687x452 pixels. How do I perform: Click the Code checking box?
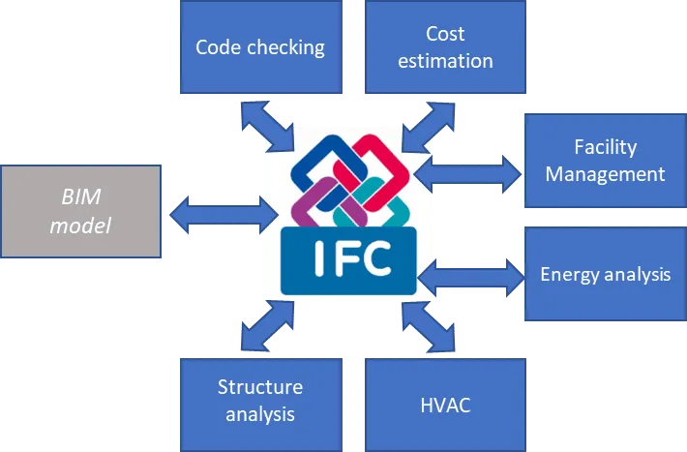260,46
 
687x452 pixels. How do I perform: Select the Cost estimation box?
445,46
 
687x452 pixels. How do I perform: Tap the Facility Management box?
605,161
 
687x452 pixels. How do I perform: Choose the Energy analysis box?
605,274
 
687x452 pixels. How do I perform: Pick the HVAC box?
445,404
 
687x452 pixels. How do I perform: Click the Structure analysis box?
260,401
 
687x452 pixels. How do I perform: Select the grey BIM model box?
81,211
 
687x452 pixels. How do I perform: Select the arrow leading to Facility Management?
470,171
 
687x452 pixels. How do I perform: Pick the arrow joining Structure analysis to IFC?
267,326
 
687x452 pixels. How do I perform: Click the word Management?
605,174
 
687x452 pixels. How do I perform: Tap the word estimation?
445,60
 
